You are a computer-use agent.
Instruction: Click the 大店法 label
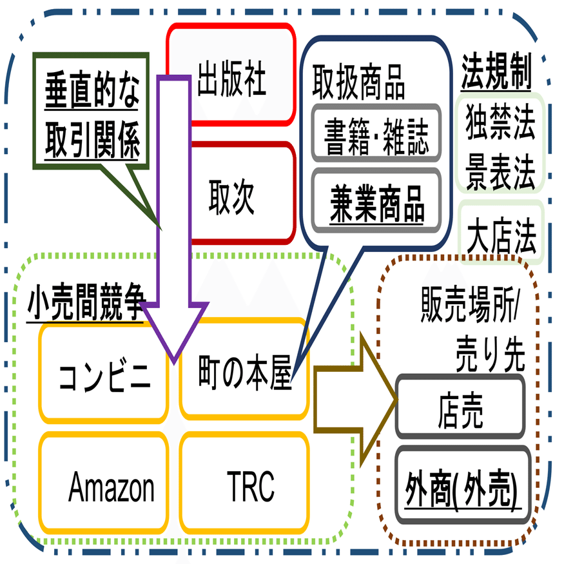click(x=501, y=232)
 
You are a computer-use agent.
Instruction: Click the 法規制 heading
click(x=496, y=75)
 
